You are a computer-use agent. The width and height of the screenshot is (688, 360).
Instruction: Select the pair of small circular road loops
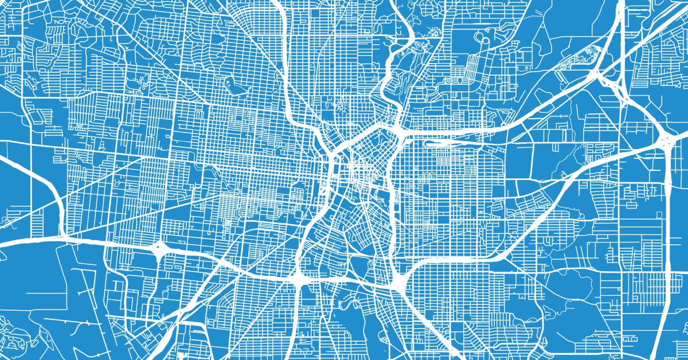(480, 38)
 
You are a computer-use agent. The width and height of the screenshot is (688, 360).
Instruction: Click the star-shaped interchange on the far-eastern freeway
(666, 140)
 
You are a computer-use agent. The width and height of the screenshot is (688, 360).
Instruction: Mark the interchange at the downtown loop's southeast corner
(398, 279)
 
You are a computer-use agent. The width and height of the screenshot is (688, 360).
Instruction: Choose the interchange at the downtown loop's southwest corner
(299, 279)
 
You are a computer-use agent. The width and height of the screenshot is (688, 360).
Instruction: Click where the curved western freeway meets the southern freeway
(63, 236)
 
